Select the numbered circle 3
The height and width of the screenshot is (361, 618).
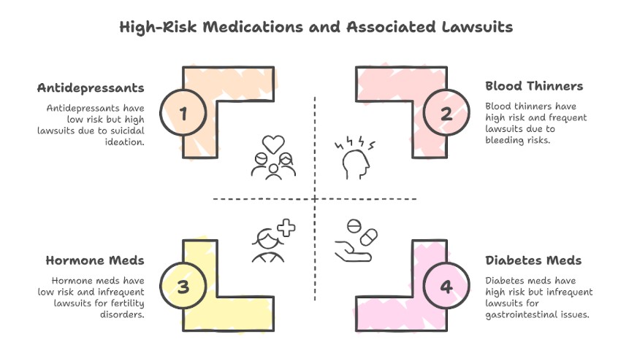[x=183, y=286]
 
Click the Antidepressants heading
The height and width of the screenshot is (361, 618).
[x=91, y=88]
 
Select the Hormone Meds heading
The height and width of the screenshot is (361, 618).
[x=94, y=260]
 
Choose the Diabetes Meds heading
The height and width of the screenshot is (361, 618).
[x=533, y=260]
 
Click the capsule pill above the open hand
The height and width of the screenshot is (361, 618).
[x=367, y=237]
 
